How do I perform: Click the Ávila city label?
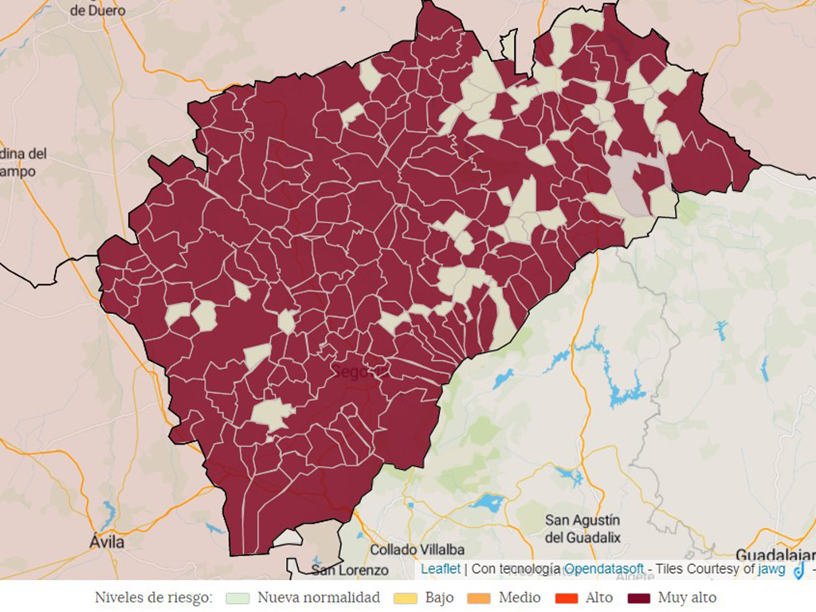coord(107,542)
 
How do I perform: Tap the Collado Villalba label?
coord(418,550)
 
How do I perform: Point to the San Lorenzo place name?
coord(350,570)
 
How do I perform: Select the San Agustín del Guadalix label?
coord(583,529)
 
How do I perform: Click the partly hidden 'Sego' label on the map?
coord(351,371)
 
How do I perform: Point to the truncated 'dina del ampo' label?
coord(22,163)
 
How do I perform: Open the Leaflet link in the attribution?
coord(441,569)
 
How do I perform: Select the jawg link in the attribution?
coord(771,569)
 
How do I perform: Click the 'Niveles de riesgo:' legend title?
coord(154,598)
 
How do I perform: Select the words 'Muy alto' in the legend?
coord(687,598)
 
